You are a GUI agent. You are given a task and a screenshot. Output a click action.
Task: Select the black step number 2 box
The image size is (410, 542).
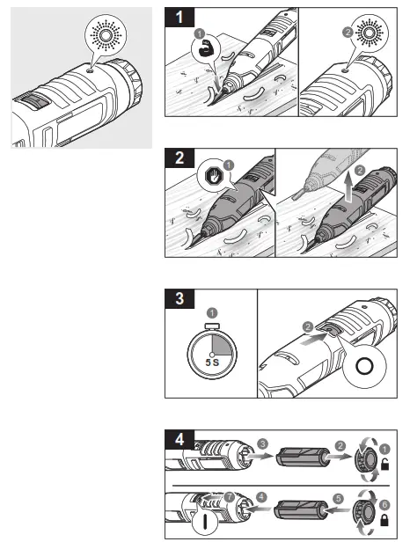180,160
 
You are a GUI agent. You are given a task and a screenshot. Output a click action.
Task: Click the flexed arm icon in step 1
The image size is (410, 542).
205,52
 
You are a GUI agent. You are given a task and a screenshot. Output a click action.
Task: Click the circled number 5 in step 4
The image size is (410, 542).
338,508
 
